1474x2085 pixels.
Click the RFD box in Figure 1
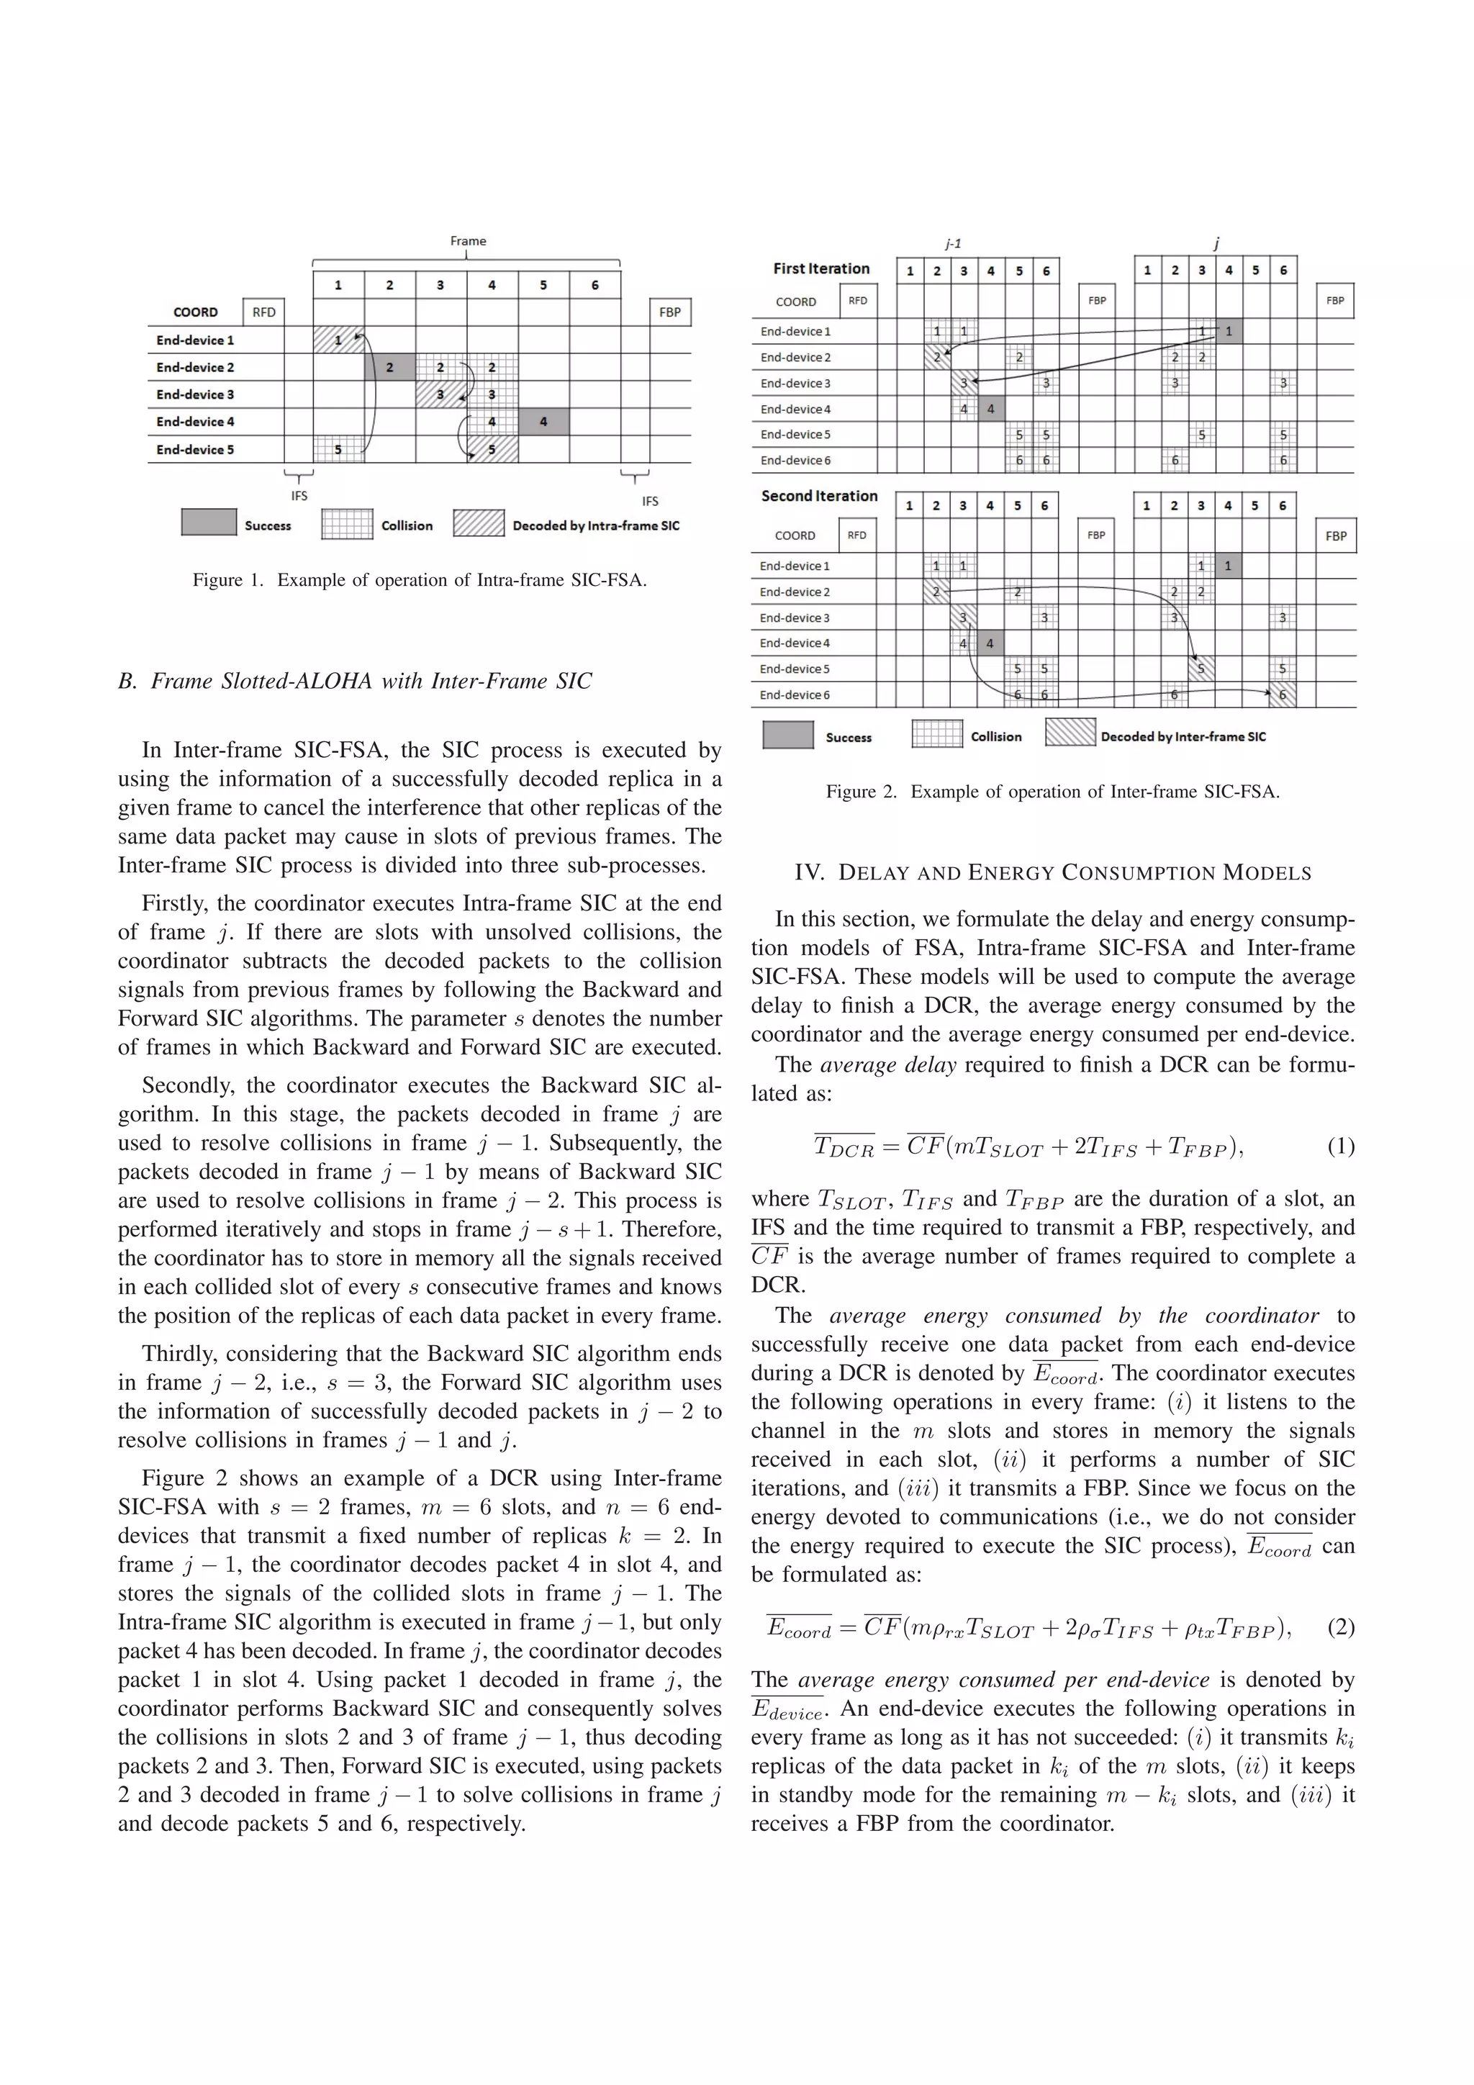tap(263, 312)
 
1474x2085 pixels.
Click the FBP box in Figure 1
tap(669, 312)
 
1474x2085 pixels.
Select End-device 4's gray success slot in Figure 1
tap(543, 421)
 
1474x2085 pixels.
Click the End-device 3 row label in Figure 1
tap(195, 395)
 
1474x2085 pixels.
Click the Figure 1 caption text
tap(420, 580)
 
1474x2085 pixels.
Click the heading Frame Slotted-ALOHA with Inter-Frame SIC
tap(354, 681)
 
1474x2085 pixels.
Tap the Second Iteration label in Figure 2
tap(819, 496)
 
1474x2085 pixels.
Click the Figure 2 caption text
tap(1052, 792)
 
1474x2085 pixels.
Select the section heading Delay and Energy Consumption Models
tap(1052, 874)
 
